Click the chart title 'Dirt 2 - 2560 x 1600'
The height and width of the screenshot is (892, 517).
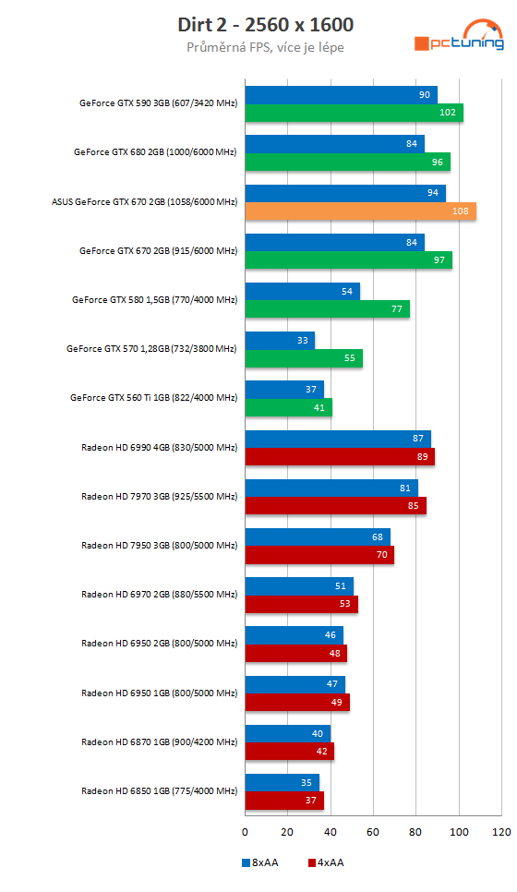point(265,24)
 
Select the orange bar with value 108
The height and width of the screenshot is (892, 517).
point(360,211)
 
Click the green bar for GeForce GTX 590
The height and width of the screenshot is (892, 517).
point(354,113)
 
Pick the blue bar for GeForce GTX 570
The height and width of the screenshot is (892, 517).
point(280,341)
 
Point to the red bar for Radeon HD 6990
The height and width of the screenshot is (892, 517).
point(339,457)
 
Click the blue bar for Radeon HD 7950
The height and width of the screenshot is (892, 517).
point(317,537)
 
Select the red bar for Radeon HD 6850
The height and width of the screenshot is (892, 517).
point(283,801)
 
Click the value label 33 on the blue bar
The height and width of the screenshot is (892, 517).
point(302,341)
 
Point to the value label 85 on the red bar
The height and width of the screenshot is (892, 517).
point(414,506)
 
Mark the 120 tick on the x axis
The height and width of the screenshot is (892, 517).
point(501,832)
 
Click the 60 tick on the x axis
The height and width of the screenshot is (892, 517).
point(373,832)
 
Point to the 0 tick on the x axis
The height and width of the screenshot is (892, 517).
point(245,832)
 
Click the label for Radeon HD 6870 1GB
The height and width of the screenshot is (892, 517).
point(159,741)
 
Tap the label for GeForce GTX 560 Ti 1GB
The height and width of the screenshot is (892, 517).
point(153,398)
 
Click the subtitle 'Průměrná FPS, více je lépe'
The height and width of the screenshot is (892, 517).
point(265,46)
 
